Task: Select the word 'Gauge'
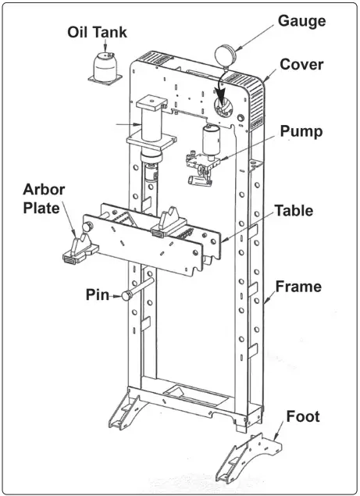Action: click(x=301, y=20)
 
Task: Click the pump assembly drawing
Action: click(x=208, y=156)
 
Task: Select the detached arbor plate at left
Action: click(x=79, y=248)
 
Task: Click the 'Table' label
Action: click(x=294, y=210)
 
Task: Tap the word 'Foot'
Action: click(x=302, y=417)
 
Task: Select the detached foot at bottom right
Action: click(x=251, y=458)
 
